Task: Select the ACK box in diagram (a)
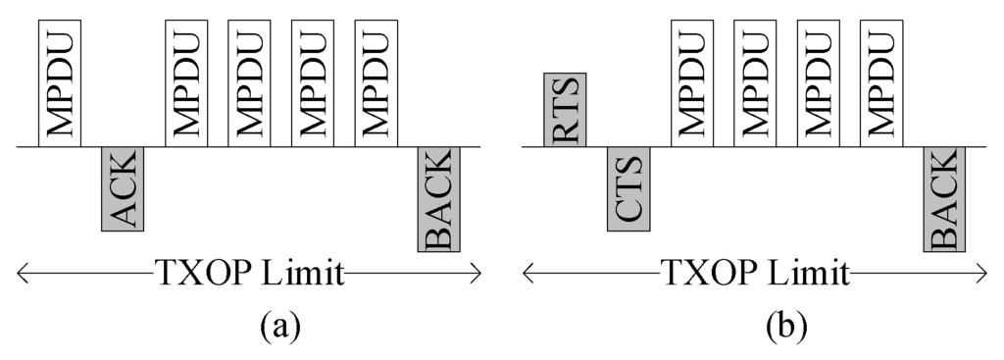coord(123,189)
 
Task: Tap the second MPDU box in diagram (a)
coord(185,82)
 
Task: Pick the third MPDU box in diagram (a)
coord(248,82)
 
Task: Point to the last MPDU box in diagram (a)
coord(375,82)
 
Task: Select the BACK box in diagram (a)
coord(438,199)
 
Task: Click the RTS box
coord(565,110)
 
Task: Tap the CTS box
coord(627,189)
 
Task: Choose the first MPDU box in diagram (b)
coord(691,82)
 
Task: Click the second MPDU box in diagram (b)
coord(754,82)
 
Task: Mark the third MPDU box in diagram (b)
coord(818,82)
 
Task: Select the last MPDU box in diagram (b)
coord(880,82)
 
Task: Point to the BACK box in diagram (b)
coord(944,199)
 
